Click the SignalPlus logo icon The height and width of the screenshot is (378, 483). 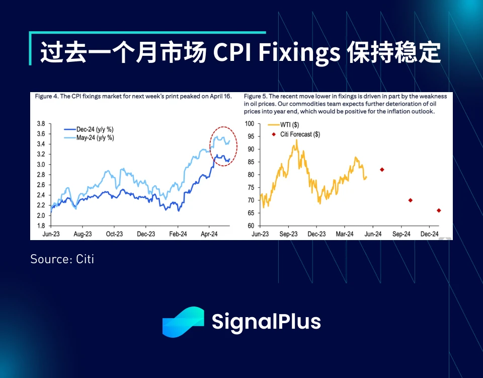(x=183, y=322)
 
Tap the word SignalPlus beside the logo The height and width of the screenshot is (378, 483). (x=266, y=322)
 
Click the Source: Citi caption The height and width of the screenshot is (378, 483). (x=62, y=259)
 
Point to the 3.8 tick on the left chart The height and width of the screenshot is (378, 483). (x=41, y=123)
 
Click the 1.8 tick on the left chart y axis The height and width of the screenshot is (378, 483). (x=41, y=226)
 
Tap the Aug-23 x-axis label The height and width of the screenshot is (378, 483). (x=83, y=234)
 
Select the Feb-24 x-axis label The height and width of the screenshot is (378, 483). (x=178, y=234)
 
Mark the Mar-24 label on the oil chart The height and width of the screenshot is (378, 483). (x=345, y=234)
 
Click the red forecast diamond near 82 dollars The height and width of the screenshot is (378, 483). (x=382, y=170)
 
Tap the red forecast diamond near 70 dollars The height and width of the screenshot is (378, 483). (x=411, y=200)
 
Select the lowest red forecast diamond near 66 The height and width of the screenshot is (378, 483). (x=439, y=210)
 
